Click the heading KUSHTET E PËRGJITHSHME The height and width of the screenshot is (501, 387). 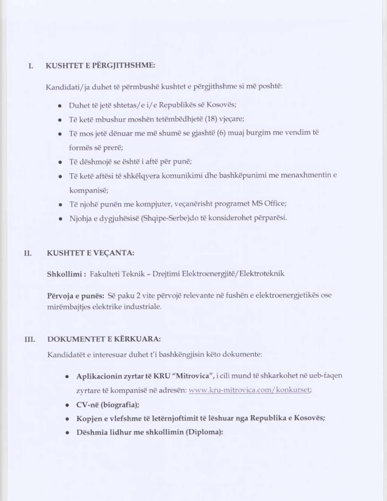tap(100, 66)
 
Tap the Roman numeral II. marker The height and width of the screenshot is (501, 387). tap(28, 253)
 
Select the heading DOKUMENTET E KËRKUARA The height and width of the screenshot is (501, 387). tap(104, 339)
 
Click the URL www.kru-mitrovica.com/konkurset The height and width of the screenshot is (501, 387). tap(250, 390)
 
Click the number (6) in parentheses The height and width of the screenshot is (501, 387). tap(221, 133)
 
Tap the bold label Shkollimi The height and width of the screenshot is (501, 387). tap(64, 274)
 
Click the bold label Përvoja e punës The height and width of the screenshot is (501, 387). tap(76, 295)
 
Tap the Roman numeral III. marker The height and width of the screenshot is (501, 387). tap(29, 339)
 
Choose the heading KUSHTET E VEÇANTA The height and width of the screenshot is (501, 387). tap(90, 253)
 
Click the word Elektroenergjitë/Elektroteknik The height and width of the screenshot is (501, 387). tap(233, 274)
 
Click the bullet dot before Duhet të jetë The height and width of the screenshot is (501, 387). tap(60, 106)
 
